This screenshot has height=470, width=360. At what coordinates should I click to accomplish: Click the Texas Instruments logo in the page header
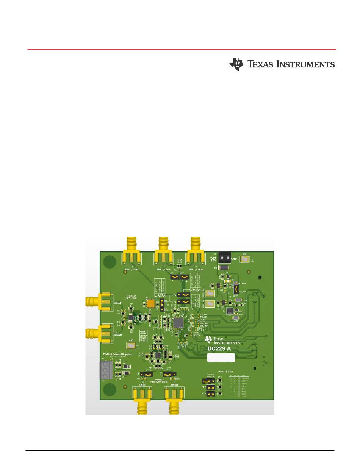pyautogui.click(x=282, y=64)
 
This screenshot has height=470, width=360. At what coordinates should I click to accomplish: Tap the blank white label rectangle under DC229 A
pyautogui.click(x=221, y=358)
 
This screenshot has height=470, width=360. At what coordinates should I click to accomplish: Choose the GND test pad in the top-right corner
pyautogui.click(x=244, y=259)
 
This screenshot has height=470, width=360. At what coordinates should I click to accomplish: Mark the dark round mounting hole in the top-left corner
pyautogui.click(x=109, y=261)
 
